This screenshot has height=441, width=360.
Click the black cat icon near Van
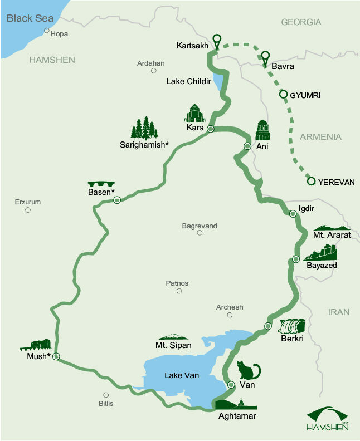click(249, 370)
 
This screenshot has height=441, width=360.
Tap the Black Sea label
click(30, 18)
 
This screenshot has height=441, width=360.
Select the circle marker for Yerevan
click(312, 181)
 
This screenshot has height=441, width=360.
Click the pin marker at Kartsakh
click(217, 41)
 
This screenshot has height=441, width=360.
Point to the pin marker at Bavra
click(265, 56)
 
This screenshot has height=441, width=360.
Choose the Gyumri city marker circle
click(283, 95)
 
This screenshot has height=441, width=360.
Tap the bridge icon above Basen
click(101, 184)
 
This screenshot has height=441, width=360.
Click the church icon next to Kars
click(195, 113)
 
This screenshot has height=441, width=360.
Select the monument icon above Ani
click(262, 130)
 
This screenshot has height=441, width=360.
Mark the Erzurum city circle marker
click(27, 210)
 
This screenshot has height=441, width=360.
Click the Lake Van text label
click(181, 376)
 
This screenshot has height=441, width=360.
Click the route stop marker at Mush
click(56, 356)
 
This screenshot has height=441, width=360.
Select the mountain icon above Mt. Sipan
click(173, 337)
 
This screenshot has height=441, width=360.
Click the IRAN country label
click(339, 312)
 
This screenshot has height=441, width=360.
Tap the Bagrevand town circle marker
click(200, 233)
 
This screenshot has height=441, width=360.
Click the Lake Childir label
click(188, 81)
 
